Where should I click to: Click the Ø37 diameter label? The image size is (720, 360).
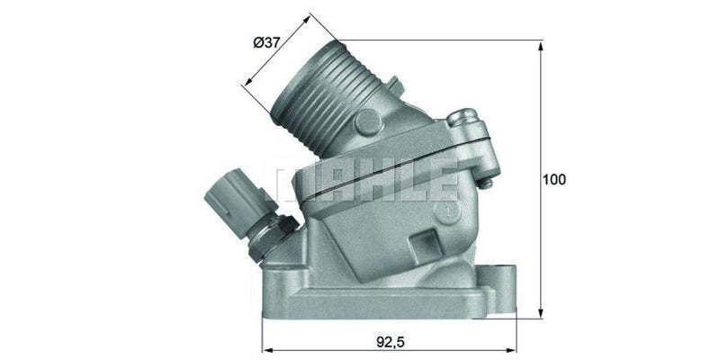pyautogui.click(x=266, y=41)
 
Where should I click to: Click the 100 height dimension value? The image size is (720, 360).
pyautogui.click(x=553, y=179)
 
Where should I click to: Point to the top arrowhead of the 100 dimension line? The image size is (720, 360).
pyautogui.click(x=542, y=44)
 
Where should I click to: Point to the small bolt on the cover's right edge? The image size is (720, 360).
pyautogui.click(x=487, y=184)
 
